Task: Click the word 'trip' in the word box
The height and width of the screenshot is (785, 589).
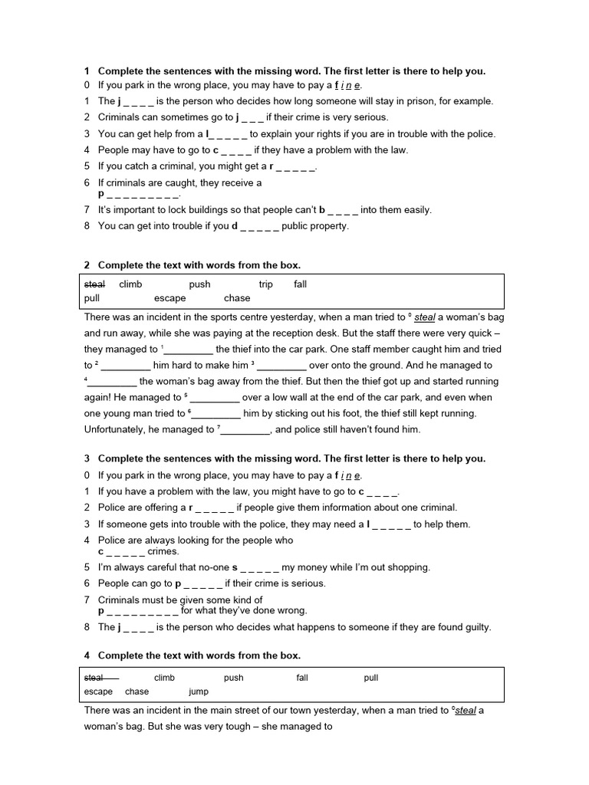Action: pos(266,284)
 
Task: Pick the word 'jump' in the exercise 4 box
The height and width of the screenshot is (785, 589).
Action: pos(198,691)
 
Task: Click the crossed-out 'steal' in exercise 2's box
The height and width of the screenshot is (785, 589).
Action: pos(94,284)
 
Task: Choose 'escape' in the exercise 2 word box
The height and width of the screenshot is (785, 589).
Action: pos(169,298)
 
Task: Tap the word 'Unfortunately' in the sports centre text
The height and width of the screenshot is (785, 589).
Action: pos(120,429)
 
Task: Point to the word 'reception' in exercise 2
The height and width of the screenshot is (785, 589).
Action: pos(324,333)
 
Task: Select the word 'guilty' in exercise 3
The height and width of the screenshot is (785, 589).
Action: pos(475,627)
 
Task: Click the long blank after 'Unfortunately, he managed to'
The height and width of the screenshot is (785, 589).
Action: pos(245,430)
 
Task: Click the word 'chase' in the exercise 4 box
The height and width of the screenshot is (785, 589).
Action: pos(137,691)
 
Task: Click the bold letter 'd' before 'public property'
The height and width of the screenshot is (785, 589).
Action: pos(235,226)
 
